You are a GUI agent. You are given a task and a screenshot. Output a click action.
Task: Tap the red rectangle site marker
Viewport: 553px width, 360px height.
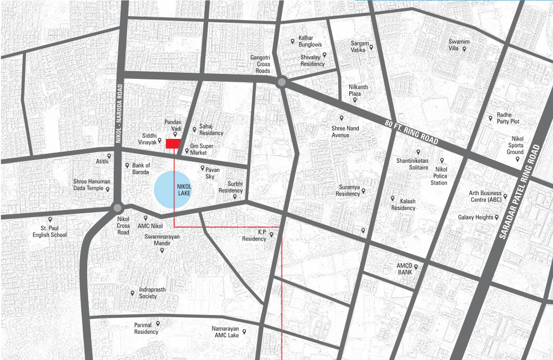coord(173,144)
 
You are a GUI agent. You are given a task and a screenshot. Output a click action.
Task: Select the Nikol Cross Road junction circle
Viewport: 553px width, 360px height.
coord(117,208)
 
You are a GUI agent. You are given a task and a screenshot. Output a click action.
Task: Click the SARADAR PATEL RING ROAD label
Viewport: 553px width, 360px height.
coord(521,192)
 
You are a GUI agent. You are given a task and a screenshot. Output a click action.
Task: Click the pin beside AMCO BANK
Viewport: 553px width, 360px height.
coord(415,267)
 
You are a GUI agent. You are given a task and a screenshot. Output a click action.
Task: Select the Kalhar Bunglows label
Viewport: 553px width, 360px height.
coord(310,41)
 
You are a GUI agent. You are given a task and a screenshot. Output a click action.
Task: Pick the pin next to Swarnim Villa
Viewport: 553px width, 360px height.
coord(464,49)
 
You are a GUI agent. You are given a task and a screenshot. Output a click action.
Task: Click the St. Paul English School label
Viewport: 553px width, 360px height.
coord(50,231)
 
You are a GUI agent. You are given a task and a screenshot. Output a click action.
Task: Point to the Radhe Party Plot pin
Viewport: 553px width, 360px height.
coord(490,118)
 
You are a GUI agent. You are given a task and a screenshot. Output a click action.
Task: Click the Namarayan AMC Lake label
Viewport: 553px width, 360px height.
coord(225,332)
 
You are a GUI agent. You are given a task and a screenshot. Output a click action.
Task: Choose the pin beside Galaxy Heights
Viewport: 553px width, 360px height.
coord(496,217)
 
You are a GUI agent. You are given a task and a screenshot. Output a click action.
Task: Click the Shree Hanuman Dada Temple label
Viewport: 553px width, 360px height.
coord(92,184)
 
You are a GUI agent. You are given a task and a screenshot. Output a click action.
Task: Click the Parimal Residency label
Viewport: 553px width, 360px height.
coord(146,328)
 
